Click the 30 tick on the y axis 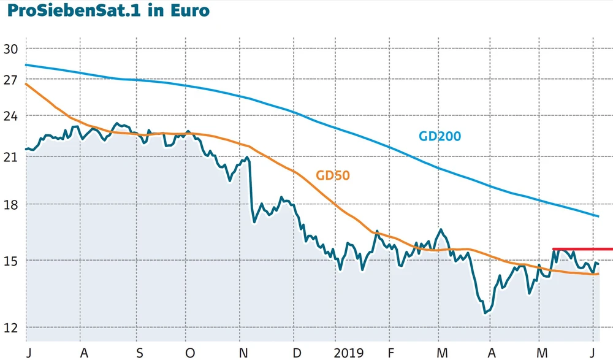coord(12,49)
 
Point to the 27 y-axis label coord(12,80)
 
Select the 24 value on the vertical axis coord(12,116)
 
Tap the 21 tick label coord(12,157)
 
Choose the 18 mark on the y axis coord(12,204)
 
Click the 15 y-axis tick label coord(12,261)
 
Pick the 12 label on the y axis coord(12,327)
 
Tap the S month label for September coord(140,353)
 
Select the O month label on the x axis coord(190,353)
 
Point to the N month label coord(243,353)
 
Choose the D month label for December coord(297,353)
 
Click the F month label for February coord(390,353)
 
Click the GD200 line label coord(440,136)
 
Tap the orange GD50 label coord(333,175)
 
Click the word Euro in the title coord(187,10)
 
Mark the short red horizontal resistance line coord(582,249)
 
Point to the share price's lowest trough coord(485,313)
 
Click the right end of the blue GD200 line coord(598,216)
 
